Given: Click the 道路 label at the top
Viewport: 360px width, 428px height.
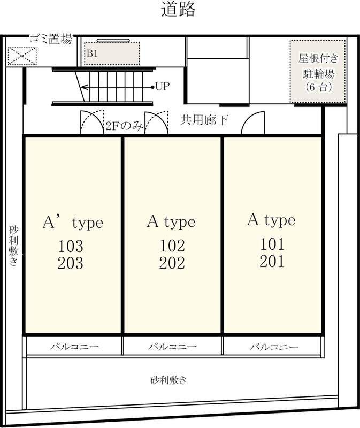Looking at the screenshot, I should (x=178, y=10).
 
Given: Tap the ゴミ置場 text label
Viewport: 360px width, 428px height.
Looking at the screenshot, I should (x=50, y=39).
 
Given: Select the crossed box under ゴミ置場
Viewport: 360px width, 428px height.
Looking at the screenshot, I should (x=22, y=56).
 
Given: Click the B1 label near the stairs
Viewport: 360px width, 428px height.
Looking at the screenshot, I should (x=93, y=54).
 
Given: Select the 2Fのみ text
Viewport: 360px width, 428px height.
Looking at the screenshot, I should (x=124, y=126).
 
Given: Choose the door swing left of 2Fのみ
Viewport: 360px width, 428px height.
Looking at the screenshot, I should (x=91, y=123).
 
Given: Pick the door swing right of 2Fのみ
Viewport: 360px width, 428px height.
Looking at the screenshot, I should (x=156, y=124).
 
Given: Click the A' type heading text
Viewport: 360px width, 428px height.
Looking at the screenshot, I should (x=73, y=223).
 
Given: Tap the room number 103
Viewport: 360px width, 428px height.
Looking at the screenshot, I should (x=71, y=246).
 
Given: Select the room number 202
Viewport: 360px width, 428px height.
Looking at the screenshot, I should (x=172, y=263).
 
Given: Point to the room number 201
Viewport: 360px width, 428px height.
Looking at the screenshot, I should (x=272, y=261).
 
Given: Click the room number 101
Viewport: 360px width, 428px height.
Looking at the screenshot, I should (x=272, y=244).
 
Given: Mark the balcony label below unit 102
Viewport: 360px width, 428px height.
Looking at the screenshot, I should (x=172, y=347).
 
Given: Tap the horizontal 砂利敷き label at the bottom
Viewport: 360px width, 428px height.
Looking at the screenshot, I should (x=168, y=380).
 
